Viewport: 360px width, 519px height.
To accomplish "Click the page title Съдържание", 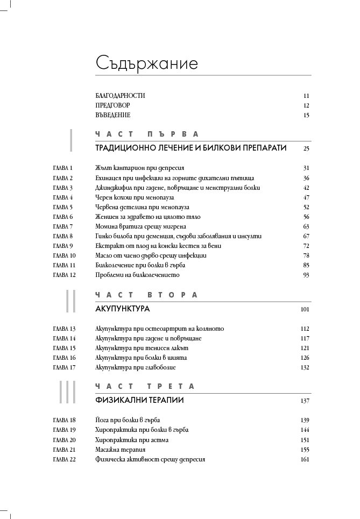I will click(147, 63).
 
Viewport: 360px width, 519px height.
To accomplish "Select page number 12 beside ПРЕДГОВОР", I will click(306, 105).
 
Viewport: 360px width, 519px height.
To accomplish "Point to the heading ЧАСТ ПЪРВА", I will click(147, 134).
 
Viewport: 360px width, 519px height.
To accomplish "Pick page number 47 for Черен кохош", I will click(306, 197).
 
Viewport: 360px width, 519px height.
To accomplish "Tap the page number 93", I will click(306, 275).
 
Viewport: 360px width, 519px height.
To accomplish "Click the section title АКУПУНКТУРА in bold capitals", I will click(122, 309).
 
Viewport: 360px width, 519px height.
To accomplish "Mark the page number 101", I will click(305, 310).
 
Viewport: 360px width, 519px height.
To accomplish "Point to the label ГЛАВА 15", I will click(65, 348).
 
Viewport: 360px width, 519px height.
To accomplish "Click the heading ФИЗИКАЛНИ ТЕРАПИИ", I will click(139, 401).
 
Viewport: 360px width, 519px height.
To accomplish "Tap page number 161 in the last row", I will click(305, 459).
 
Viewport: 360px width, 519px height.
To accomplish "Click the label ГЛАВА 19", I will click(65, 430).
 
